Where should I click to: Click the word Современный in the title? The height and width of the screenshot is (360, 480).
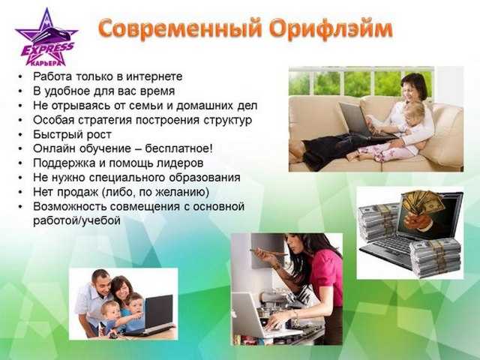click(x=181, y=28)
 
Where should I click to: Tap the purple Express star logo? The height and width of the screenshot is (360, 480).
click(x=46, y=38)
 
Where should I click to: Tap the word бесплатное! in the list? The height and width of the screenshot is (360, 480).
click(x=178, y=148)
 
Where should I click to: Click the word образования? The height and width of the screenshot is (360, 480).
click(x=205, y=178)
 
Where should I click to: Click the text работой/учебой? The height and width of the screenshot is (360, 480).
click(x=76, y=221)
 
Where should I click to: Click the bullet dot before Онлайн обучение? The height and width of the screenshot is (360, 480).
click(x=20, y=149)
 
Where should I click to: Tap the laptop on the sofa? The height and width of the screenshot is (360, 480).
click(x=360, y=120)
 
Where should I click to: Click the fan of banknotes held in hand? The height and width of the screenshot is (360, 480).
click(x=423, y=202)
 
